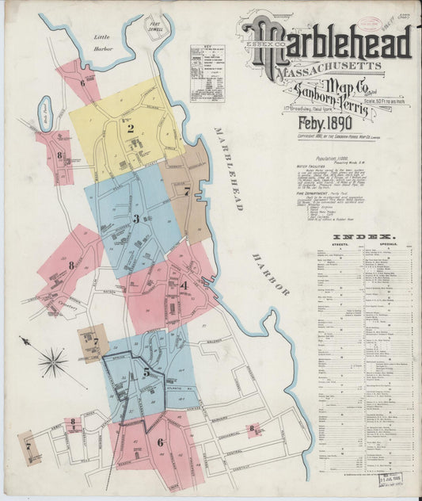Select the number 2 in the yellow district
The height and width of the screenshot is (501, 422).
pos(131,127)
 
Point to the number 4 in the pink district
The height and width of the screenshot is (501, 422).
pos(184,285)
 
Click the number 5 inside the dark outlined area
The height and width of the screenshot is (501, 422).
pos(146,371)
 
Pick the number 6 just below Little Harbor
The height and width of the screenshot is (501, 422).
pos(82,82)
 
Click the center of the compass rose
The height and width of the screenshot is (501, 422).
pos(53,363)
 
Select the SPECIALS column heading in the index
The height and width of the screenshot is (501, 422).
pos(388,246)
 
